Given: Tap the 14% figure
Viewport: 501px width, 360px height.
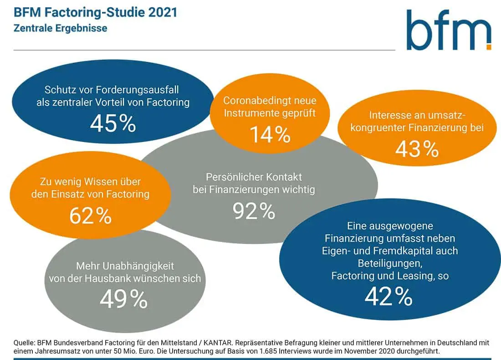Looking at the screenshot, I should click(270, 134).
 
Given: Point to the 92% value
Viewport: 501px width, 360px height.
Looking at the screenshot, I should click(254, 210).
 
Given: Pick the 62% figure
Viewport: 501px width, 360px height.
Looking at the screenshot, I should click(90, 216).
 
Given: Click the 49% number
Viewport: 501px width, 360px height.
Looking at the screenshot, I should click(123, 299).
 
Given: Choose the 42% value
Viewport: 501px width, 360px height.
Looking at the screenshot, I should click(389, 296).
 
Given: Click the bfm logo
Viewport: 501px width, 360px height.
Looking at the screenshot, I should click(449, 30).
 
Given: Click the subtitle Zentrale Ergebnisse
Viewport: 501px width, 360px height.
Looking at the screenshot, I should click(60, 28).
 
